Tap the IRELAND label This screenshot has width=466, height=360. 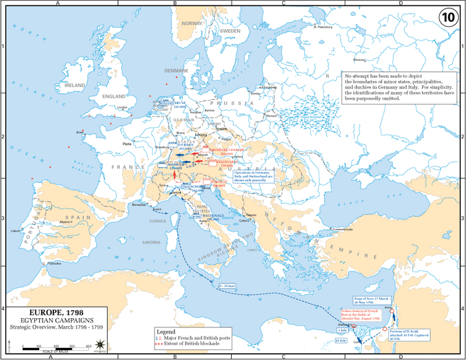(x=74, y=86)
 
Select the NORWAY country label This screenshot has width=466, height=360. (x=192, y=23)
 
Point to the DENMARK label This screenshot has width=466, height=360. (x=176, y=71)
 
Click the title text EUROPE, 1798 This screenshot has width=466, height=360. (x=57, y=311)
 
